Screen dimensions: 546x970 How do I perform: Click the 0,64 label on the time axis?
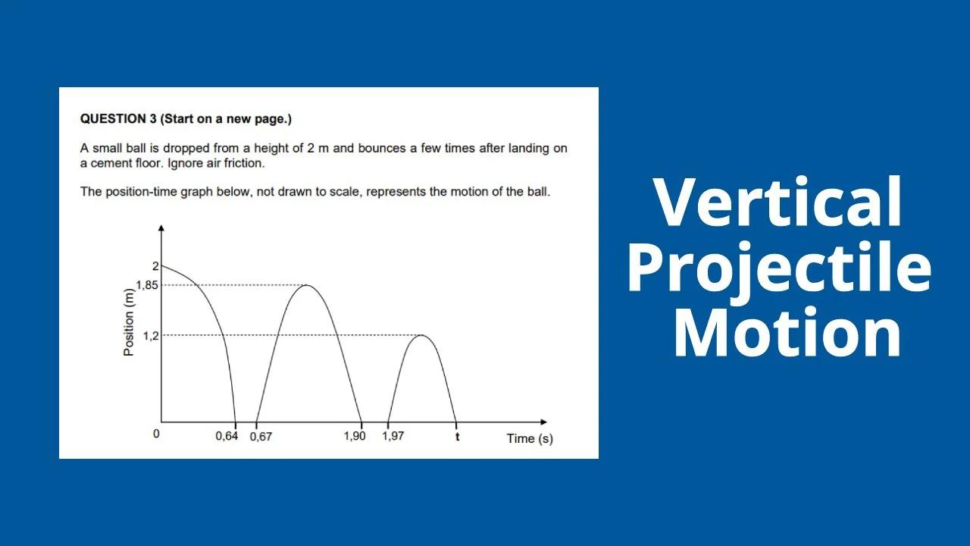pyautogui.click(x=227, y=437)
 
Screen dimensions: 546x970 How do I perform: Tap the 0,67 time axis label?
pyautogui.click(x=261, y=437)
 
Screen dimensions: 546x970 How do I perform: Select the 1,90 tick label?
pyautogui.click(x=355, y=436)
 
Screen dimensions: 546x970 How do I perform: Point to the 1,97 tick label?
pyautogui.click(x=393, y=436)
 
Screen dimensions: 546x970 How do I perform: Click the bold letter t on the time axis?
pyautogui.click(x=457, y=437)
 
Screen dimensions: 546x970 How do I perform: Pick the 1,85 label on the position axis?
pyautogui.click(x=147, y=285)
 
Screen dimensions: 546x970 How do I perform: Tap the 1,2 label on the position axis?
pyautogui.click(x=151, y=335)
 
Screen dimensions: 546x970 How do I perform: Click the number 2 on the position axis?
pyautogui.click(x=155, y=266)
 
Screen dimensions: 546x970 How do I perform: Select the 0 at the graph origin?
pyautogui.click(x=156, y=435)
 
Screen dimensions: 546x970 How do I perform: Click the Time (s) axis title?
pyautogui.click(x=530, y=438)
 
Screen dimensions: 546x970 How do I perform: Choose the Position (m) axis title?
pyautogui.click(x=129, y=323)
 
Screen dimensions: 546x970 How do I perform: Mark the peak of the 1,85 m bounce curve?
pyautogui.click(x=305, y=285)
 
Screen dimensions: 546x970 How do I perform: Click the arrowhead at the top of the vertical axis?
pyautogui.click(x=161, y=228)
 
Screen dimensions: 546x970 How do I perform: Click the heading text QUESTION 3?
pyautogui.click(x=118, y=119)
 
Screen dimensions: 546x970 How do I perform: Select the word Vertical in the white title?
pyautogui.click(x=778, y=202)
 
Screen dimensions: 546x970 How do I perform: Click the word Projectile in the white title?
pyautogui.click(x=780, y=269)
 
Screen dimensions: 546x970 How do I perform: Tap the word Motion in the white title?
pyautogui.click(x=786, y=334)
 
